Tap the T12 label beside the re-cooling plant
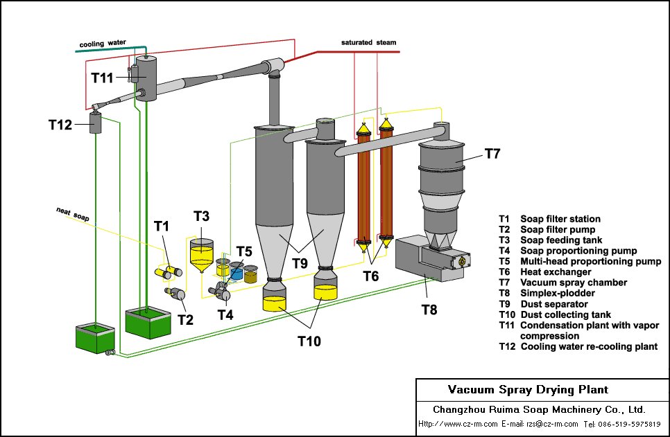pyautogui.click(x=60, y=125)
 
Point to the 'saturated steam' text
pyautogui.click(x=368, y=42)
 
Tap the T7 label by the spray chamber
pyautogui.click(x=491, y=154)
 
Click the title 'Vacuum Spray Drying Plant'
pyautogui.click(x=528, y=390)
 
